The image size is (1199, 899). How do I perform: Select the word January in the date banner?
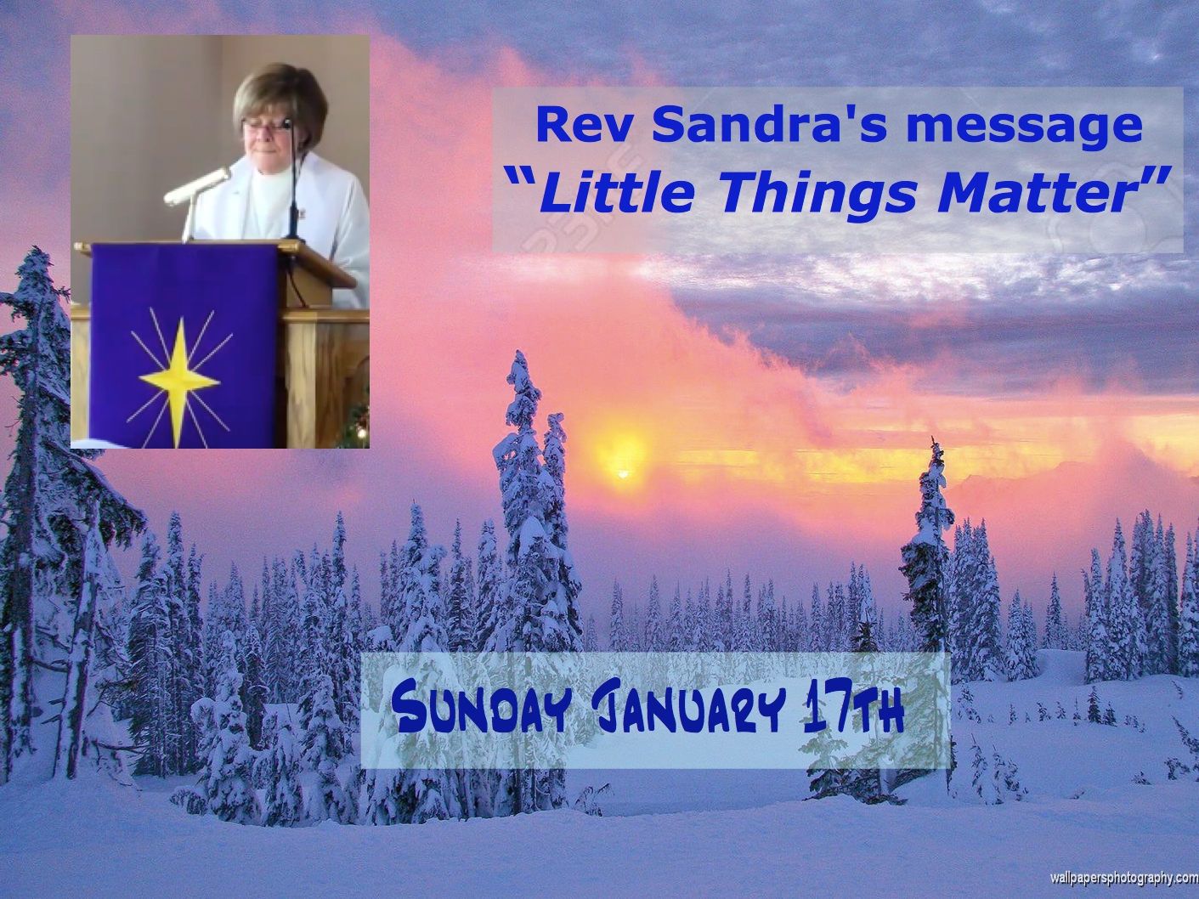tap(686, 711)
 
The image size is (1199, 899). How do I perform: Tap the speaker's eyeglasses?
tap(270, 125)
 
